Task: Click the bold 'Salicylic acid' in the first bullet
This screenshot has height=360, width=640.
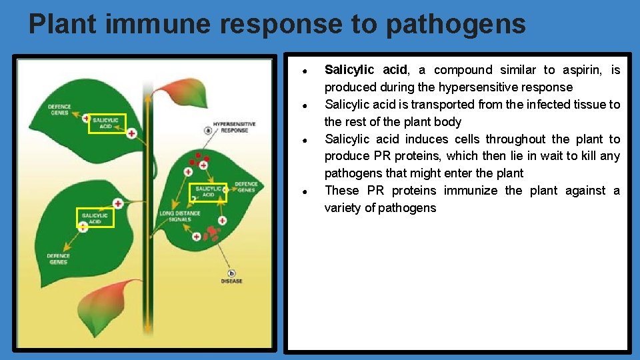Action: tap(365, 70)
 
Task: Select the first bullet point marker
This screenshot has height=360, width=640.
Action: tap(303, 71)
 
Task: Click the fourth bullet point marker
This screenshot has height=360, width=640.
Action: tap(303, 191)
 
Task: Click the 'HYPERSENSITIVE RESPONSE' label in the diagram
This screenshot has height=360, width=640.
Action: tap(234, 127)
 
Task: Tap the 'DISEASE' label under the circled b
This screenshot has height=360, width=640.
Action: tap(231, 281)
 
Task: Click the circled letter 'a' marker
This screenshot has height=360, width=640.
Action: tap(208, 131)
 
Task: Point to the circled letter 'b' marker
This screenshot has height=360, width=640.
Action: tap(231, 273)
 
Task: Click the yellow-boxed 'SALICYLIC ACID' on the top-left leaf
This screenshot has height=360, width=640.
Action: tap(107, 123)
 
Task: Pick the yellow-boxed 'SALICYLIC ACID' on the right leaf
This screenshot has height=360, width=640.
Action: tap(209, 192)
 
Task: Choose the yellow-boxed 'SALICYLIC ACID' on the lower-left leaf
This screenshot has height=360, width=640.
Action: tap(95, 218)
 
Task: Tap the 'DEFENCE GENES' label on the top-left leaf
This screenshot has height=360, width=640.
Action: tap(59, 109)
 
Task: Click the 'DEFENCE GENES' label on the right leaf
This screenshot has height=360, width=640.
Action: tap(245, 187)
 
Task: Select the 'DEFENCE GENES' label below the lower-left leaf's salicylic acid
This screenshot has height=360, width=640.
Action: tap(58, 259)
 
